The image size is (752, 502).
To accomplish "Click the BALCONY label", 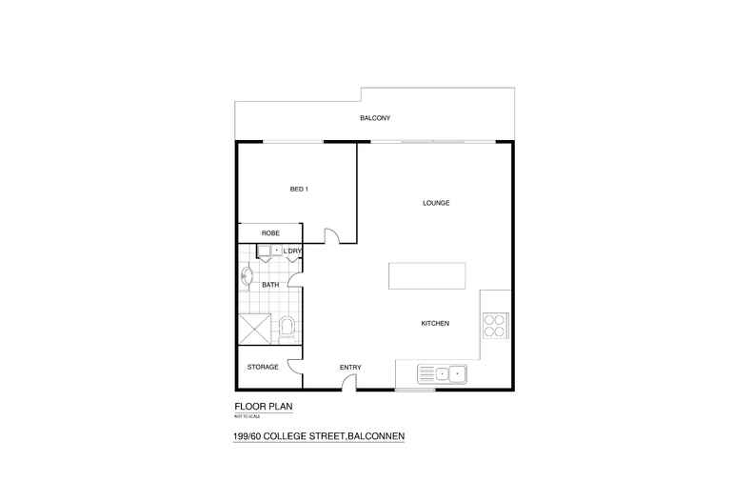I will (x=375, y=118).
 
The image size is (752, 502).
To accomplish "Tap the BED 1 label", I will (x=299, y=190).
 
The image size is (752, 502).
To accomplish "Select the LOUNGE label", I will (x=436, y=204).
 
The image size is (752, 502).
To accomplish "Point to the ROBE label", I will (x=270, y=232).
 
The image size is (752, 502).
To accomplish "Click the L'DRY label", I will (x=292, y=251).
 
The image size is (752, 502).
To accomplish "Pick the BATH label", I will (x=270, y=284).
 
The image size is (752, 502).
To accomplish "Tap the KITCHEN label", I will (x=435, y=324).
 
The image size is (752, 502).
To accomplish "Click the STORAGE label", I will (x=263, y=367).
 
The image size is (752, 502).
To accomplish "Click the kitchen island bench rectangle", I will (x=427, y=276).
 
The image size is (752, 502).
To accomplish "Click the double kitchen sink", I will (x=443, y=373).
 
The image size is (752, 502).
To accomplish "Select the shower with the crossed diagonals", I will (x=255, y=330).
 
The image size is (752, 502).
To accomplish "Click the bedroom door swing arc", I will (x=332, y=235).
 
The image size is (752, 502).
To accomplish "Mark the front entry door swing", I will (x=349, y=383).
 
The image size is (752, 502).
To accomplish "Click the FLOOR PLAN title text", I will (x=264, y=407).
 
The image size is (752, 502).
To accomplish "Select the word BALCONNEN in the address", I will (x=377, y=437).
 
